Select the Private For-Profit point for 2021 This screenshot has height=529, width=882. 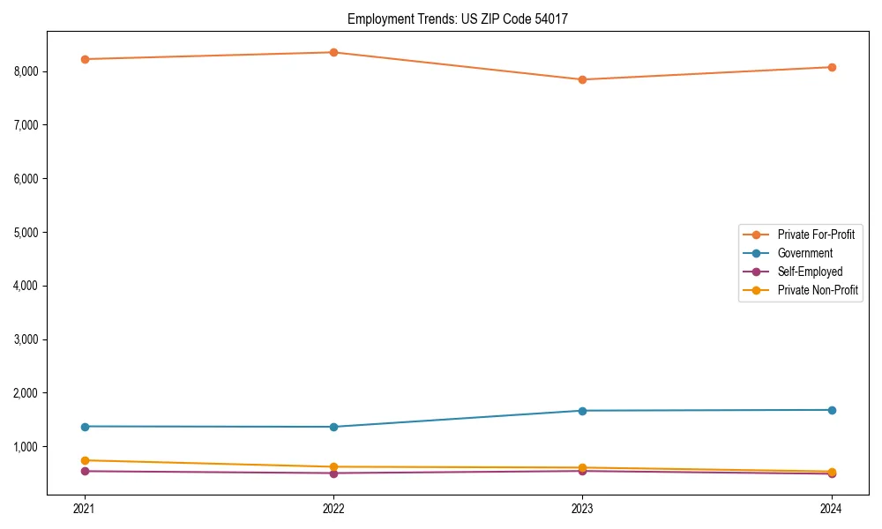(85, 59)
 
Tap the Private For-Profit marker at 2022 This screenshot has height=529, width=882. (333, 52)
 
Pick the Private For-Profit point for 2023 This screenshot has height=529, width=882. (582, 79)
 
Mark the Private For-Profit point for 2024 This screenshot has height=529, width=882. (832, 67)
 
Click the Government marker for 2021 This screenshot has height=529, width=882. (85, 427)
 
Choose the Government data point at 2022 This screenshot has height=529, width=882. (333, 427)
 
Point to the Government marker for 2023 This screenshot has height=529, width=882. (582, 411)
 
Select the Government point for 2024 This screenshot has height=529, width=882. (832, 410)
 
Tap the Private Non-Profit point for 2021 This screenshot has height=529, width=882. (85, 460)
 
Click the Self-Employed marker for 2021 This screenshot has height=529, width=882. (85, 471)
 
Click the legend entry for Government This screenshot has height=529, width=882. (804, 253)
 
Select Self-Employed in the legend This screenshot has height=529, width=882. (810, 272)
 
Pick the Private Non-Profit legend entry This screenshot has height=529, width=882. (818, 290)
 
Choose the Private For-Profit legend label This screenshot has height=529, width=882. (816, 235)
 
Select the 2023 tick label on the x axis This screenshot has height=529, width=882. (582, 509)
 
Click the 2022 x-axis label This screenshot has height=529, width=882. (333, 509)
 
